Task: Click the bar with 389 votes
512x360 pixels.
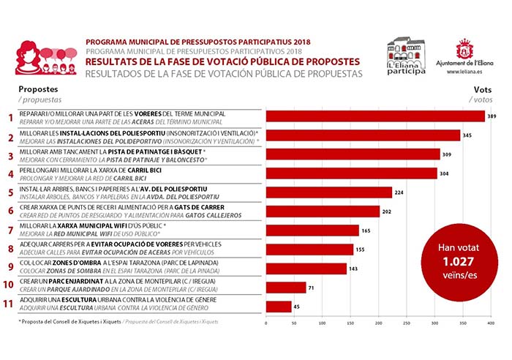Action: [x=374, y=116]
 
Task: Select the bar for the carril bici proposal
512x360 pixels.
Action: [x=351, y=173]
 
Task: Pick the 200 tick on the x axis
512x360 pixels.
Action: [x=377, y=323]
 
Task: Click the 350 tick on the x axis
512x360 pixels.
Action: [x=462, y=323]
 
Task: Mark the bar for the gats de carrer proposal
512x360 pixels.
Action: [x=322, y=211]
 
